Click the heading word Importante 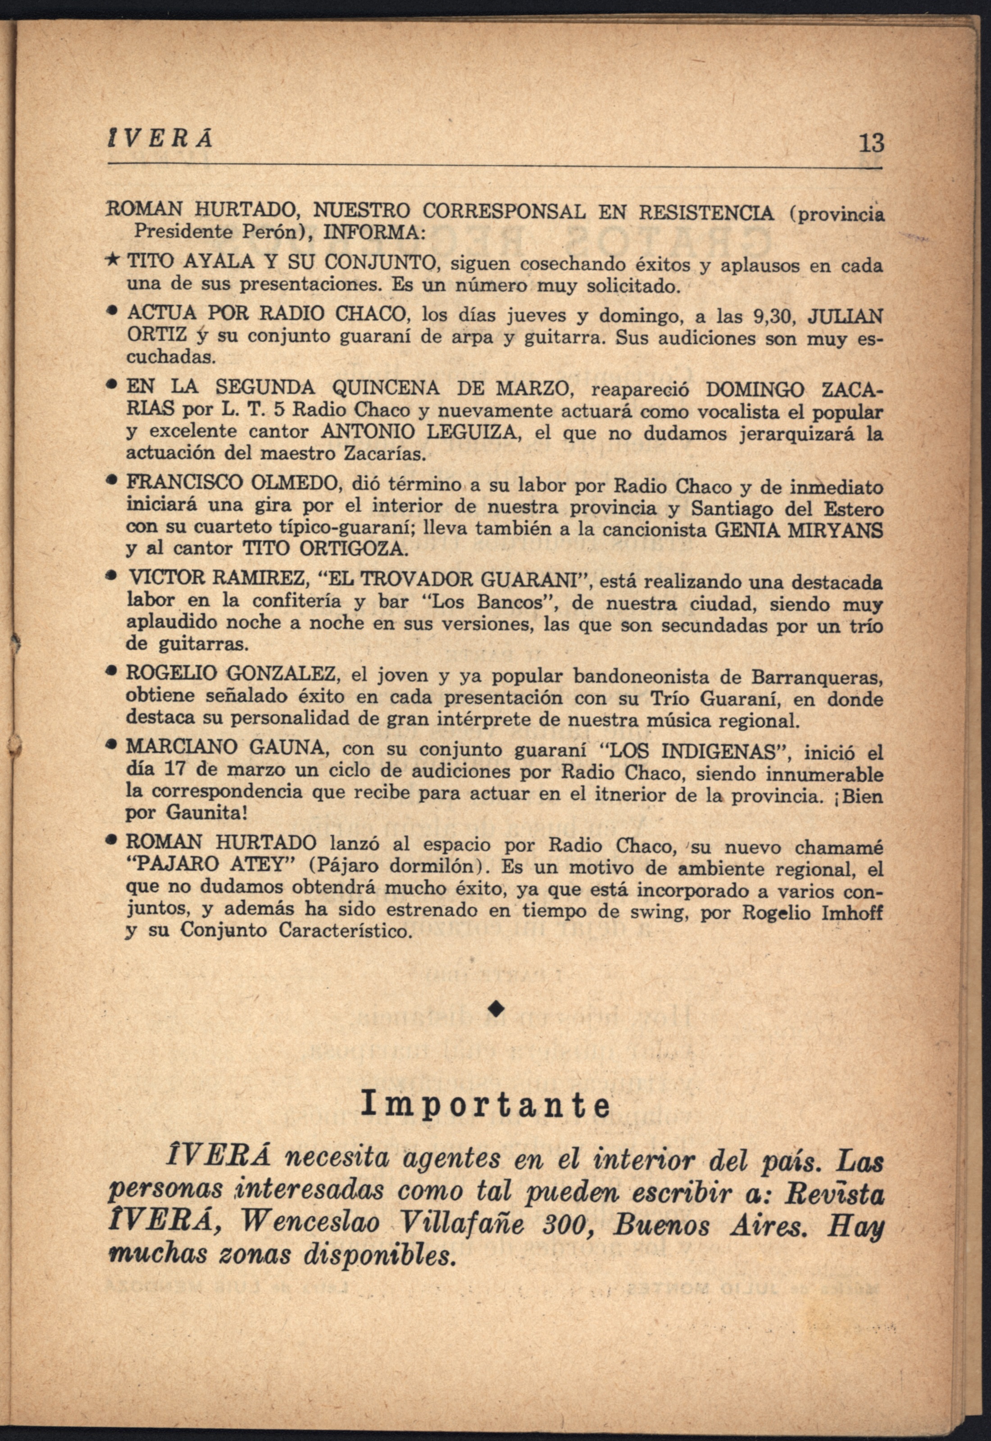486,1106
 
